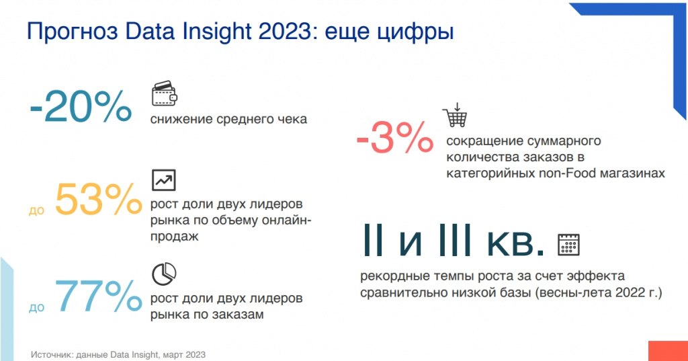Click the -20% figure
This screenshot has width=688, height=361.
point(81,106)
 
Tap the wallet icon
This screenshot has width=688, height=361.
point(165,93)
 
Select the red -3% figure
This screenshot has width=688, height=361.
point(395,137)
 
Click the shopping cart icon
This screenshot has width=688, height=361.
point(455,115)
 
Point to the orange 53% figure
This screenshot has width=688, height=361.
point(99,200)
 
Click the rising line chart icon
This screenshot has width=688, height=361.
point(164,180)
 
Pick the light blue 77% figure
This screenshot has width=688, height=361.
point(98,296)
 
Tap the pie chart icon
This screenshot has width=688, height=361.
point(164,274)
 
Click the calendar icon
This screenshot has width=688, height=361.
point(568,245)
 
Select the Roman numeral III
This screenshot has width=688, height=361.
point(456,240)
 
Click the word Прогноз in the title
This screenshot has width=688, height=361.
point(73,32)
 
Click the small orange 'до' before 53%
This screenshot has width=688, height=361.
point(37,210)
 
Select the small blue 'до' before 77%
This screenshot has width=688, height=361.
point(37,307)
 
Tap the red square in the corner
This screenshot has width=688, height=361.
point(668,351)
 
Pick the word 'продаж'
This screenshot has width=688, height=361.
point(175,236)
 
